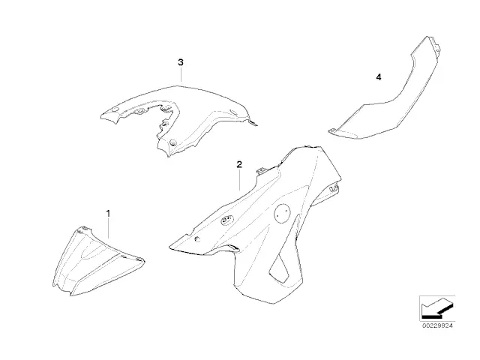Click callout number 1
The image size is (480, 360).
(108, 213)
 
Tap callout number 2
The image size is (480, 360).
(239, 164)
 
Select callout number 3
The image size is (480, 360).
(181, 62)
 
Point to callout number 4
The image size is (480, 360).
(379, 77)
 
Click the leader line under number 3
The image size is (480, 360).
(181, 75)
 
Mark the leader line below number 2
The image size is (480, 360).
(239, 180)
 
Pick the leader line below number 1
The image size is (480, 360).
(108, 228)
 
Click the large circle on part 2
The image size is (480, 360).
(282, 213)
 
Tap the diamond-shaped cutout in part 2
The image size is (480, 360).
(279, 268)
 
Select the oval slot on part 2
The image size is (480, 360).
(227, 220)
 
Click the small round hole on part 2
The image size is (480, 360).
(197, 238)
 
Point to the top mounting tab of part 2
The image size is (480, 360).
(261, 170)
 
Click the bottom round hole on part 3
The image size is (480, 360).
(173, 142)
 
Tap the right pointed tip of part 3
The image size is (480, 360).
(256, 125)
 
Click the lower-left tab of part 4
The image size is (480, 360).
(332, 131)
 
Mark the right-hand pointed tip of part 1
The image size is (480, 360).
(144, 261)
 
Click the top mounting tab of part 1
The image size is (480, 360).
(83, 229)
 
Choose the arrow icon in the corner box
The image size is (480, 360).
(437, 308)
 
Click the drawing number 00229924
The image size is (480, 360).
(437, 326)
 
